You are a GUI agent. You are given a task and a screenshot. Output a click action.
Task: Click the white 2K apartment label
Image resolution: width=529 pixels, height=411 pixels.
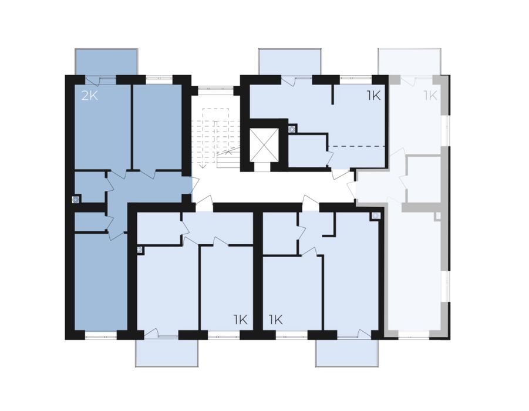(x=90, y=96)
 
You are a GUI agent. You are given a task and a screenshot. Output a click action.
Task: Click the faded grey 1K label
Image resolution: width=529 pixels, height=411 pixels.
(x=430, y=96)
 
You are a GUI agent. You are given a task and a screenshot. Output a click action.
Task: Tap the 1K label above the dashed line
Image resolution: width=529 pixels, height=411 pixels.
(x=374, y=96)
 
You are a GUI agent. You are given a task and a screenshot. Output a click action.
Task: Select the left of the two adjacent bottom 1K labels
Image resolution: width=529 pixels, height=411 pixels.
(x=241, y=319)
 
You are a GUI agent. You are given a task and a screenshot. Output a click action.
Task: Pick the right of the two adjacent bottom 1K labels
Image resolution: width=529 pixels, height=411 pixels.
(x=275, y=319)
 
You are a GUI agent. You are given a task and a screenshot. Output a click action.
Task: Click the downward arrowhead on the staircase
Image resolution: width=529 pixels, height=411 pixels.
(x=202, y=166)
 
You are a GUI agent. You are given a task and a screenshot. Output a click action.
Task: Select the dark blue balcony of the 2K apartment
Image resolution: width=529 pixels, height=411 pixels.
(x=106, y=62)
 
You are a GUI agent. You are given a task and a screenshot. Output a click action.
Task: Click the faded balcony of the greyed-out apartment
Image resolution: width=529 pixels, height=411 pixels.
(x=410, y=62)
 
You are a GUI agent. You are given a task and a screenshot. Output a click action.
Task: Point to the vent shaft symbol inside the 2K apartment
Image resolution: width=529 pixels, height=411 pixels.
(x=76, y=200)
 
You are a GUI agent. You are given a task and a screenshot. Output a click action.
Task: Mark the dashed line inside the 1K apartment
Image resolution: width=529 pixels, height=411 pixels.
(x=356, y=146)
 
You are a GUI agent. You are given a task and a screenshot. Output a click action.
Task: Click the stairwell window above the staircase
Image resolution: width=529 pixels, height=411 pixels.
(x=215, y=89)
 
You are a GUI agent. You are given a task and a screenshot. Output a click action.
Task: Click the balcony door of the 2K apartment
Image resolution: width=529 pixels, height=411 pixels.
(x=100, y=80)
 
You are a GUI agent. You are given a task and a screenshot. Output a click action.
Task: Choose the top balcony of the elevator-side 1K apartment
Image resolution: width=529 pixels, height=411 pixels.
(x=289, y=62)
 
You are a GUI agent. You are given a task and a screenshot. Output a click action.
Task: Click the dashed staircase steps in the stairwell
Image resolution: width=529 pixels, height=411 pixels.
(x=216, y=137)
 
